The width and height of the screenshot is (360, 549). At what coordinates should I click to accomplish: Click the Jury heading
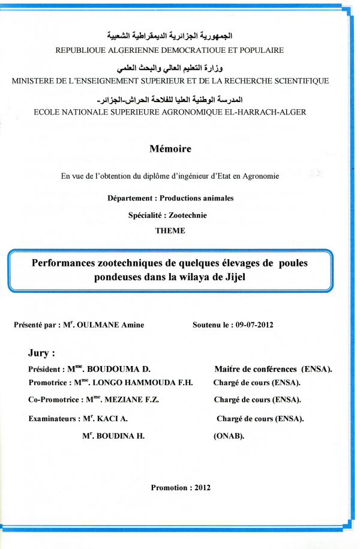pos(41,353)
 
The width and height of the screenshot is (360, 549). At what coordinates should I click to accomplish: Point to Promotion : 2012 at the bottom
pos(181,488)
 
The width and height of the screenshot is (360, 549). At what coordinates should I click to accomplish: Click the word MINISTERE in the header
pos(34,81)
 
